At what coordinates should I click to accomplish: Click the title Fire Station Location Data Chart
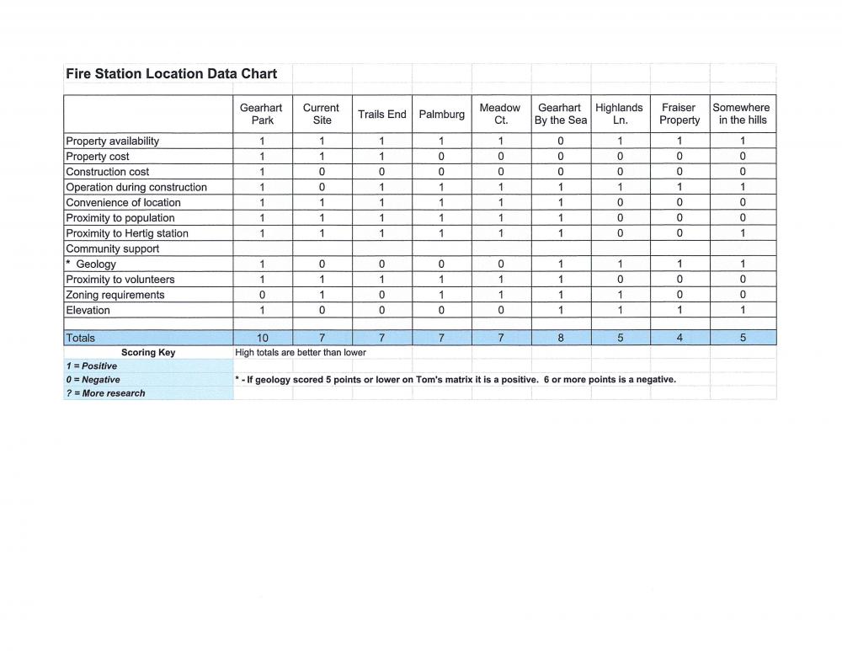click(171, 74)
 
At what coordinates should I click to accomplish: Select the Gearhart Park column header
click(262, 114)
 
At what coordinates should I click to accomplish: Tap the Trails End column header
click(381, 114)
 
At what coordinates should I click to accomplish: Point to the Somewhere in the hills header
click(741, 114)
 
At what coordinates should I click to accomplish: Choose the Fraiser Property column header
click(679, 114)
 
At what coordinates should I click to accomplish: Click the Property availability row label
click(112, 141)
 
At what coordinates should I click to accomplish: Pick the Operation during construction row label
click(136, 187)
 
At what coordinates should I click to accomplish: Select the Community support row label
click(112, 248)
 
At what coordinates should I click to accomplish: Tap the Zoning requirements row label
click(115, 295)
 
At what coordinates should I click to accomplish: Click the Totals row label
click(81, 338)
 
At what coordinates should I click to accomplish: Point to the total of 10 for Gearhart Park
click(263, 338)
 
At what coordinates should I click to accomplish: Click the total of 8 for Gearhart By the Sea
click(561, 338)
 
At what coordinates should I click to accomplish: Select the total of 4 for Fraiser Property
click(679, 338)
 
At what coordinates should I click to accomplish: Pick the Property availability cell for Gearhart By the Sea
click(561, 141)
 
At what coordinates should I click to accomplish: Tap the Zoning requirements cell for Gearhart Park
click(263, 295)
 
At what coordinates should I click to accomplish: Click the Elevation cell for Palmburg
click(441, 310)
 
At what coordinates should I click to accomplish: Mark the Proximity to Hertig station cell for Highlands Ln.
click(620, 233)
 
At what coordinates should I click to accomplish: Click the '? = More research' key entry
click(105, 393)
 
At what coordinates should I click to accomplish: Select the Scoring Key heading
click(148, 353)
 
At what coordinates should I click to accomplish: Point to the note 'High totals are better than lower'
click(301, 353)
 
